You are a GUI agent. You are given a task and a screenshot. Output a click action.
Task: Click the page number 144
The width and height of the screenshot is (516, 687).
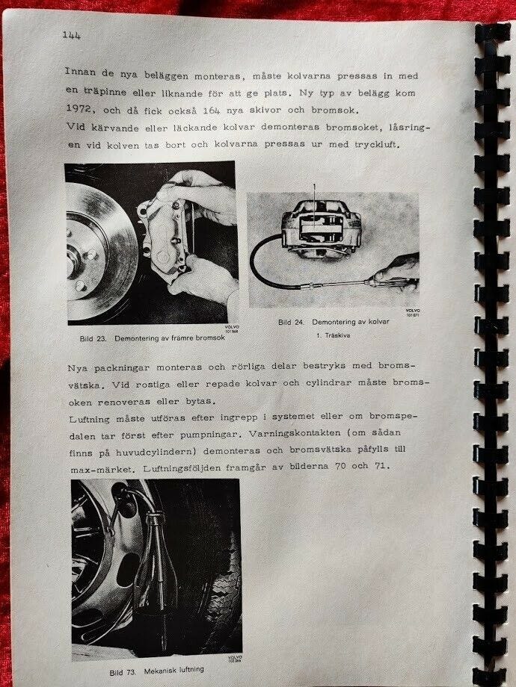[72, 35]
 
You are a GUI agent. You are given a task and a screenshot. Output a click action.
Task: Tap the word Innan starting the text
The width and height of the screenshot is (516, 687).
[80, 72]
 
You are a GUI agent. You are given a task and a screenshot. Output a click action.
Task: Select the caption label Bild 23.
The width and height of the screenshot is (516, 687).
[93, 339]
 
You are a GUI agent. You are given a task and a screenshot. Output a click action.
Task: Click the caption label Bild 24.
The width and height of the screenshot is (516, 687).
[291, 322]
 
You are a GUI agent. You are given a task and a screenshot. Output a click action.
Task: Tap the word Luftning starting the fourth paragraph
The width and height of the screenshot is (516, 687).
[90, 420]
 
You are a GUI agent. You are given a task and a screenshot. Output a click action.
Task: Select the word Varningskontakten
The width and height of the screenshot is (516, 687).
[295, 433]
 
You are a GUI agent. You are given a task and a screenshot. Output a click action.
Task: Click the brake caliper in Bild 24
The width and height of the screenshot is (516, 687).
[321, 228]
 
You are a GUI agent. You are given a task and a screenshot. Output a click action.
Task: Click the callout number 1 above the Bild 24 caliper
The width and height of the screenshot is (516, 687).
[314, 187]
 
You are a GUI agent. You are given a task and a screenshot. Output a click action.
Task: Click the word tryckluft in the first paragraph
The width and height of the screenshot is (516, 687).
[377, 143]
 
